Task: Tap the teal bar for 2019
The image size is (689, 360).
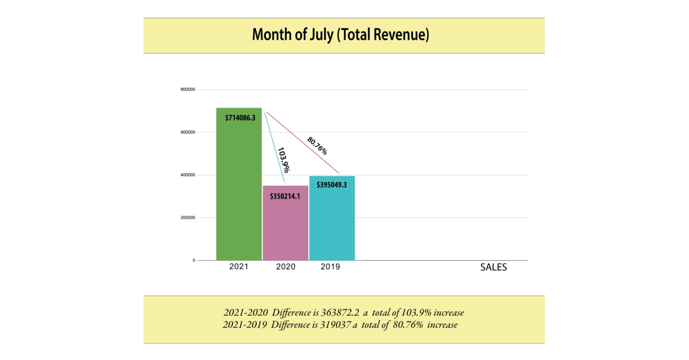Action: tap(332, 224)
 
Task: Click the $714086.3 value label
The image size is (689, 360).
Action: tap(239, 118)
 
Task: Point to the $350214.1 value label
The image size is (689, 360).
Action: tap(285, 196)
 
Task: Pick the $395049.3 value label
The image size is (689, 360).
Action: tap(332, 185)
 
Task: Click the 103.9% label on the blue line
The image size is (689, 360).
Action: tap(283, 160)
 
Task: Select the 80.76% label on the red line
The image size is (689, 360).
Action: tap(317, 145)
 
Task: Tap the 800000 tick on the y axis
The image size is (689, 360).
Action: tap(188, 90)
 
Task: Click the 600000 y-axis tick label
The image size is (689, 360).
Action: tap(188, 132)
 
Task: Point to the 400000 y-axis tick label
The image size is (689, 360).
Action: tap(188, 175)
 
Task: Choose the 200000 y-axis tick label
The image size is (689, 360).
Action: tap(188, 218)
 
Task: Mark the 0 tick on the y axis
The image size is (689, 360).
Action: tap(193, 261)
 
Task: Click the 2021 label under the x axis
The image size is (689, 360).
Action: tap(239, 267)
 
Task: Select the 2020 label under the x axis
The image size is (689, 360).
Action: tap(285, 267)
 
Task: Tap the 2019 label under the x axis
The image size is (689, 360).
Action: tap(330, 267)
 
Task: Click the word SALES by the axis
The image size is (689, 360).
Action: tap(493, 268)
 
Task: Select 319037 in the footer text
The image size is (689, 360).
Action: tap(335, 325)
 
